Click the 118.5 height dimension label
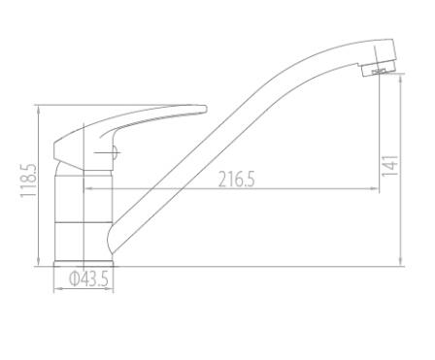pos(28,180)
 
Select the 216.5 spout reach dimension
pos(237,180)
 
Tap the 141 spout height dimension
pos(389,166)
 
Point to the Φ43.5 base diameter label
pos(88,278)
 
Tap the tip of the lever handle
pos(206,109)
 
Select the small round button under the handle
pos(116,152)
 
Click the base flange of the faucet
pos(84,264)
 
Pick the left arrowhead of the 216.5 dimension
pos(87,188)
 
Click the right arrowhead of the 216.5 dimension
pos(375,188)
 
